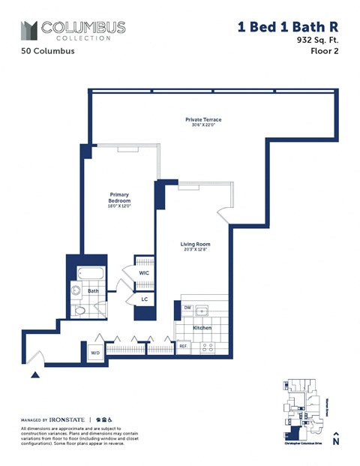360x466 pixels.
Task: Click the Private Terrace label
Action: (203, 120)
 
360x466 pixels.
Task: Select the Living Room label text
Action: (195, 244)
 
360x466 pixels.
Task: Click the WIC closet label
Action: (144, 273)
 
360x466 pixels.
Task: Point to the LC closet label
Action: (145, 299)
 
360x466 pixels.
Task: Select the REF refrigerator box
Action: (182, 347)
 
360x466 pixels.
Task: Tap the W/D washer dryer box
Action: (96, 352)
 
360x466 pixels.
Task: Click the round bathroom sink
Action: (76, 291)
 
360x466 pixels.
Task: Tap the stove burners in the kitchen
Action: (208, 347)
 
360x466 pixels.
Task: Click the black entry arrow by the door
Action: (34, 374)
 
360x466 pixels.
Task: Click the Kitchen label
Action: (202, 328)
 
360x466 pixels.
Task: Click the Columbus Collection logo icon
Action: (28, 31)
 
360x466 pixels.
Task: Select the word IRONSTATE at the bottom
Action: (68, 419)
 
